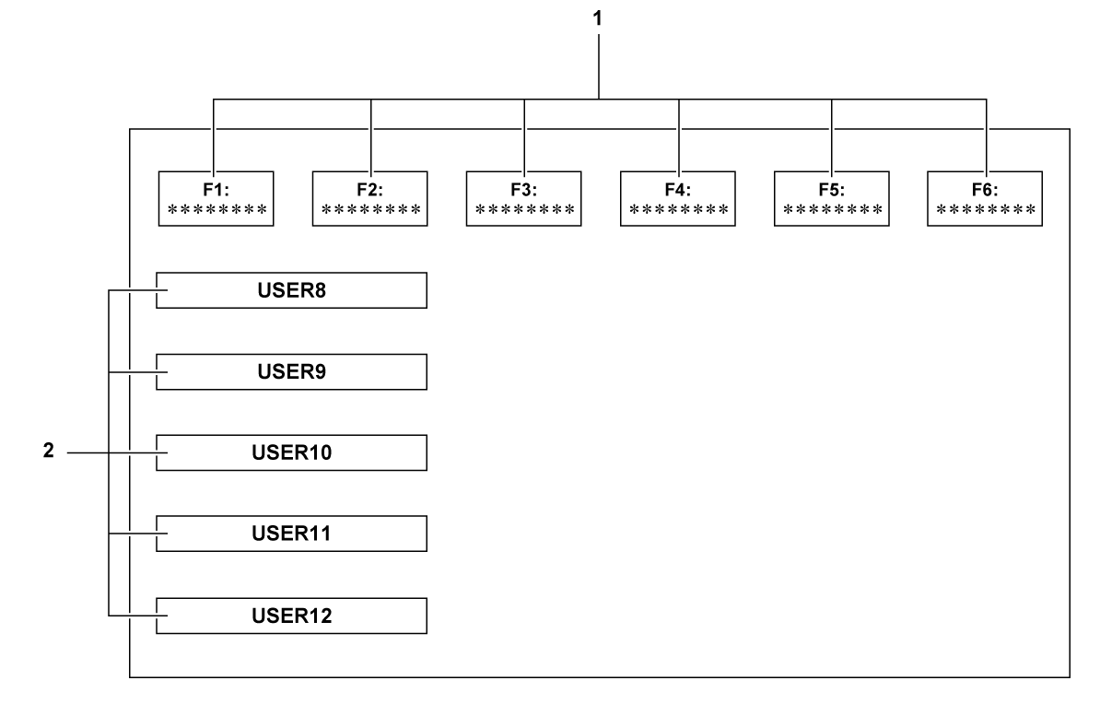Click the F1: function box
216,198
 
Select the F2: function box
369,198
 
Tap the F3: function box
523,198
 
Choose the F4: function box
677,198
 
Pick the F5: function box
831,198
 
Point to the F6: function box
985,198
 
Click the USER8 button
292,290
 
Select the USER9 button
292,371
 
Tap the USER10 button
292,452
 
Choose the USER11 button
292,534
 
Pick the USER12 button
292,615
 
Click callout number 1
600,17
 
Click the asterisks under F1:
216,210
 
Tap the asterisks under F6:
985,210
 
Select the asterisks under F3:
523,210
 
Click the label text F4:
677,189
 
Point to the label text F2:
369,189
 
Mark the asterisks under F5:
831,210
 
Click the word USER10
292,452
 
